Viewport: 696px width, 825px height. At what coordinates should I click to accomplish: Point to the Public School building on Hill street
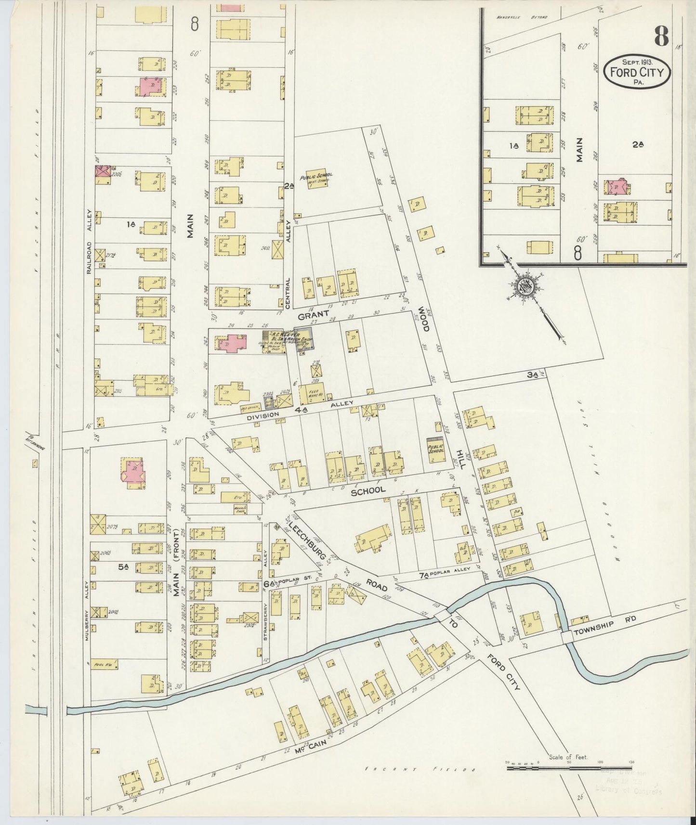pos(435,450)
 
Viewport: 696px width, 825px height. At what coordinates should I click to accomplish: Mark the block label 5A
pos(123,567)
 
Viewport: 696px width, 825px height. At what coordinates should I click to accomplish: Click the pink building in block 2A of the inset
pos(617,187)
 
